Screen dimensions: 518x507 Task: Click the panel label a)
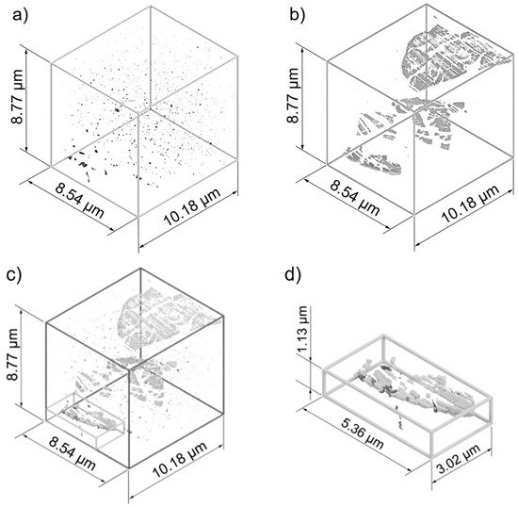pyautogui.click(x=21, y=16)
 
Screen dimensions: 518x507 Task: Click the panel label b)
pyautogui.click(x=298, y=15)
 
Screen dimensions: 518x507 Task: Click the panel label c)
pyautogui.click(x=14, y=275)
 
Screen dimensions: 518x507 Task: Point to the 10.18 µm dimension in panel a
pyautogui.click(x=192, y=207)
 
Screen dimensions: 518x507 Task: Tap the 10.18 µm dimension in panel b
pyautogui.click(x=470, y=204)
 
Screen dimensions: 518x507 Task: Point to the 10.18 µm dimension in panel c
pyautogui.click(x=181, y=459)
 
